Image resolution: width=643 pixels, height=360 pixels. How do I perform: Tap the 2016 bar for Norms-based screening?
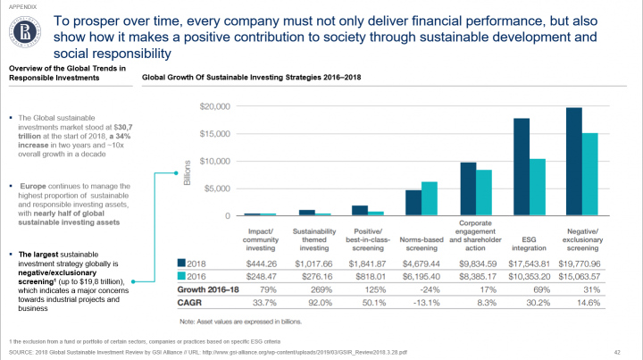click(x=429, y=198)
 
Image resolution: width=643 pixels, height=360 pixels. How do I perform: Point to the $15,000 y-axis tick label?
click(x=215, y=134)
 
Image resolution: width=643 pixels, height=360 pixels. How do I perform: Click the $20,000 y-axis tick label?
click(x=215, y=106)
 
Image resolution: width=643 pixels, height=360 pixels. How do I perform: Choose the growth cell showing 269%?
click(x=312, y=290)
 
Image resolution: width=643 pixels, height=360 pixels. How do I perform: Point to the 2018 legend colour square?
click(x=183, y=264)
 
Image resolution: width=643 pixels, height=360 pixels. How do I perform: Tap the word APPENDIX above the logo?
click(x=23, y=6)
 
